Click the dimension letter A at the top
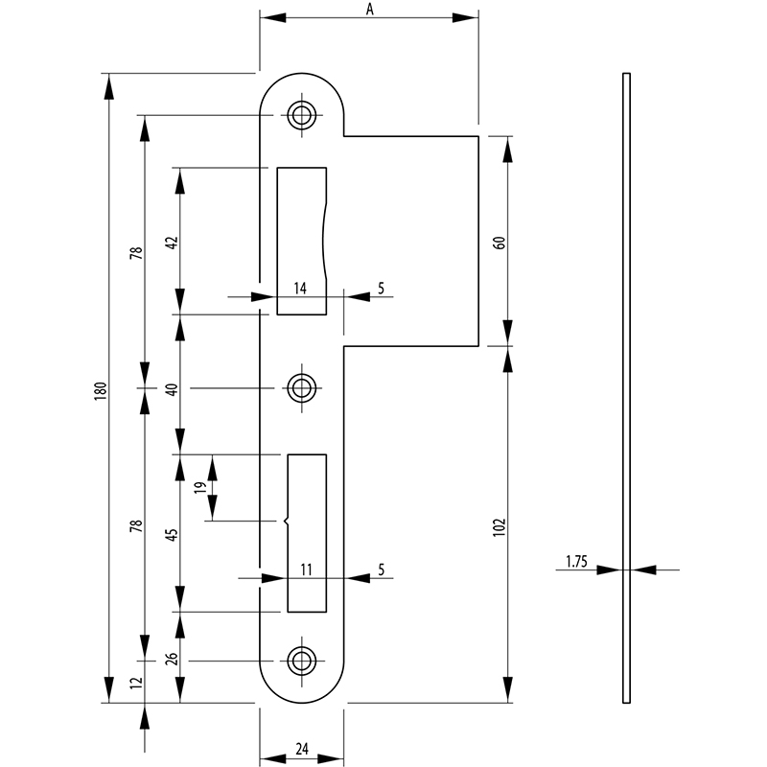370,10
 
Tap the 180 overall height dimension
101,391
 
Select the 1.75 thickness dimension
576,562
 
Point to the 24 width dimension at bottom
302,749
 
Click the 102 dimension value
499,527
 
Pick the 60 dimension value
500,243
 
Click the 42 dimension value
173,243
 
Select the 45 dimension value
173,535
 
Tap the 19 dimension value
200,487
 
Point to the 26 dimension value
173,659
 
